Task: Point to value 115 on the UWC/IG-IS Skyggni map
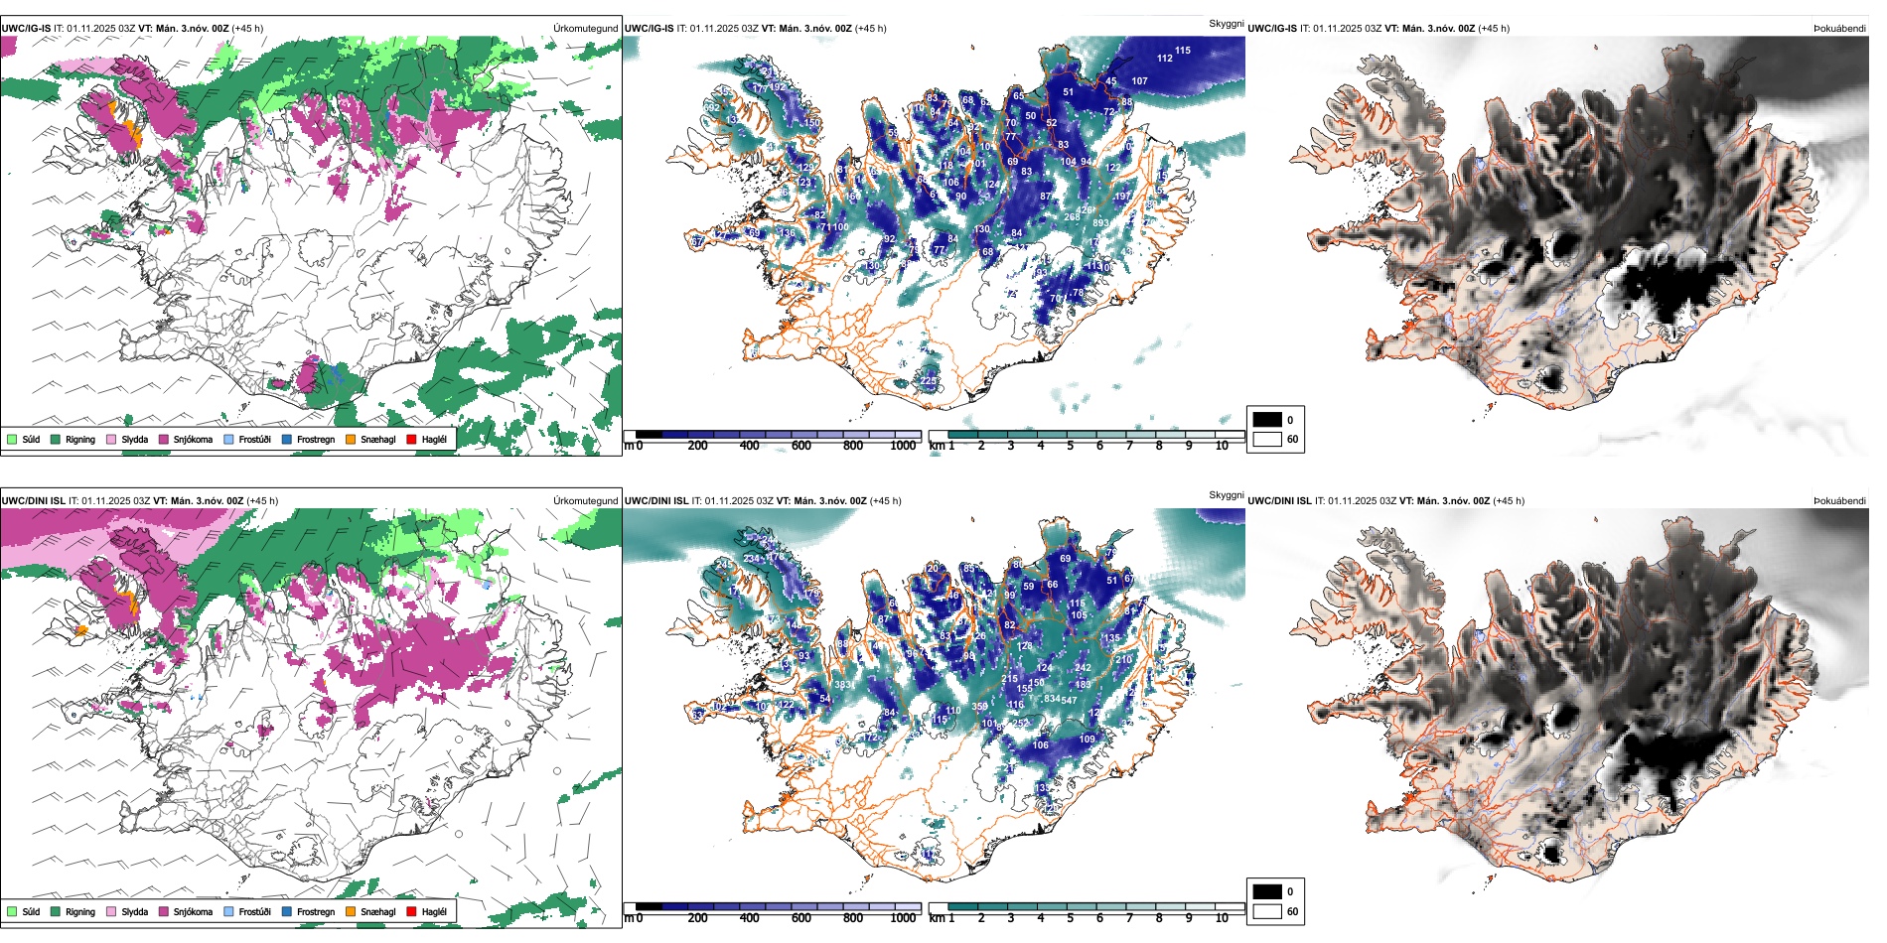pyautogui.click(x=1183, y=51)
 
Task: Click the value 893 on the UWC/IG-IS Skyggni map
pyautogui.click(x=1100, y=223)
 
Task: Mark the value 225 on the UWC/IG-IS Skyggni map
pyautogui.click(x=929, y=381)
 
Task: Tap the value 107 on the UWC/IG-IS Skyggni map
pyautogui.click(x=1139, y=81)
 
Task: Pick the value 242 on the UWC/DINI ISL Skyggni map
pyautogui.click(x=1083, y=668)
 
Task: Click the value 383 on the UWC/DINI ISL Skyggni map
pyautogui.click(x=843, y=685)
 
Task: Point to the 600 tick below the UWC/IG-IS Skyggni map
pyautogui.click(x=801, y=446)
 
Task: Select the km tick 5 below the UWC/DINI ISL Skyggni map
pyautogui.click(x=1071, y=918)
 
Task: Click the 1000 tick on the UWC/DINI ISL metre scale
pyautogui.click(x=903, y=918)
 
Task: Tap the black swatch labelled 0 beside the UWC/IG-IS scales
pyautogui.click(x=1267, y=420)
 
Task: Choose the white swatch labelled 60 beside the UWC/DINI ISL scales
pyautogui.click(x=1267, y=911)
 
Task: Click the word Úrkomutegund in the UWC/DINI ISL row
pyautogui.click(x=586, y=501)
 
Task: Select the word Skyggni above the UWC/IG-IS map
pyautogui.click(x=1227, y=24)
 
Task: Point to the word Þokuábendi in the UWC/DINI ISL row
pyautogui.click(x=1839, y=501)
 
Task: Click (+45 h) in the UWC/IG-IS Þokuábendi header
pyautogui.click(x=1492, y=29)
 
